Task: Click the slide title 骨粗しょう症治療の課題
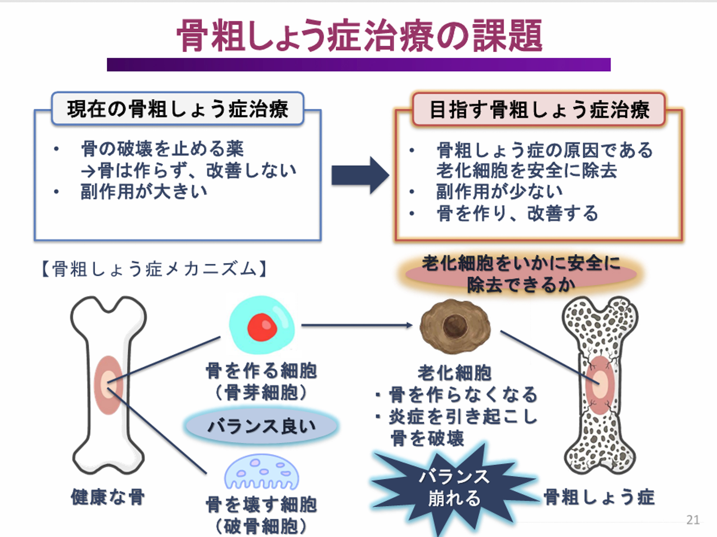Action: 359,36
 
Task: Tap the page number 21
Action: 693,519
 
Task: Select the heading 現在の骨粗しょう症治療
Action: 178,109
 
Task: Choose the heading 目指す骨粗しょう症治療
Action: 539,110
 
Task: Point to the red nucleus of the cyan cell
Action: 262,327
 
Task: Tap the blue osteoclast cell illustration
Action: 261,472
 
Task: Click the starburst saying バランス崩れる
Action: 454,487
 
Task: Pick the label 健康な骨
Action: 108,497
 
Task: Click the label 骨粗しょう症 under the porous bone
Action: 599,497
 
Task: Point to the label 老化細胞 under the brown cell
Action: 454,373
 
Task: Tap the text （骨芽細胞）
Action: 261,393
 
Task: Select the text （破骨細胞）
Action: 261,526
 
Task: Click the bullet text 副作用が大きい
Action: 144,191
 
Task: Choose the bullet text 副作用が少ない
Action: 500,191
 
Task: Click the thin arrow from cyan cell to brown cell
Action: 357,325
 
